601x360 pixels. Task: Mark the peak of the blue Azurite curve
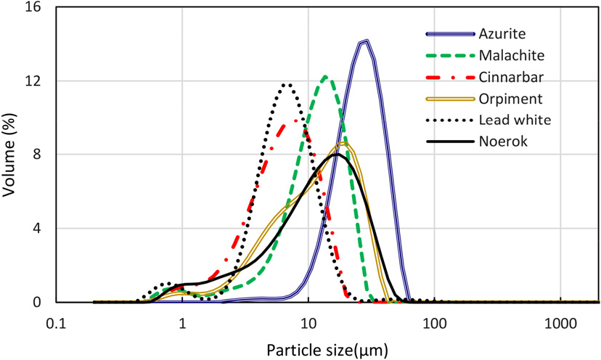coord(364,41)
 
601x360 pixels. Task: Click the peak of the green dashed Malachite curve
coord(325,76)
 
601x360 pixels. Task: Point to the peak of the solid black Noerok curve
coord(335,154)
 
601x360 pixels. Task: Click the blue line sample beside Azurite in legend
coord(449,33)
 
